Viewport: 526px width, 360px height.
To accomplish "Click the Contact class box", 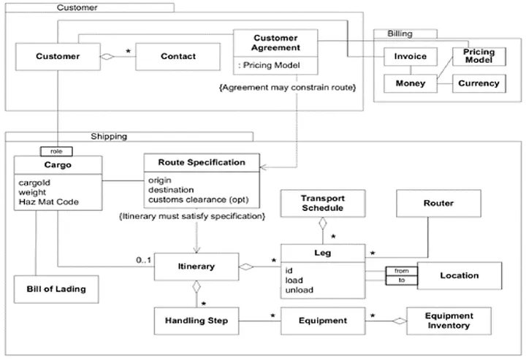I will pyautogui.click(x=176, y=56).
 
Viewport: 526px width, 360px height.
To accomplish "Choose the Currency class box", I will pyautogui.click(x=479, y=83).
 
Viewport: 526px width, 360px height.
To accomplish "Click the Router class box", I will pyautogui.click(x=438, y=203).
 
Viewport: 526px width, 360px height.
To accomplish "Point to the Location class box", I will pyautogui.click(x=459, y=275).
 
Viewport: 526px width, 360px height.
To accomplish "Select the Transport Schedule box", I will pyautogui.click(x=322, y=203).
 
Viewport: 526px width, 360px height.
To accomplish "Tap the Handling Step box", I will pyautogui.click(x=197, y=320).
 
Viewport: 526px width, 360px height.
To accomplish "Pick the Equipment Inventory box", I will pyautogui.click(x=449, y=320).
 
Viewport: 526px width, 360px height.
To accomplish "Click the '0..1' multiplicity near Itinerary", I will pyautogui.click(x=143, y=261).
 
